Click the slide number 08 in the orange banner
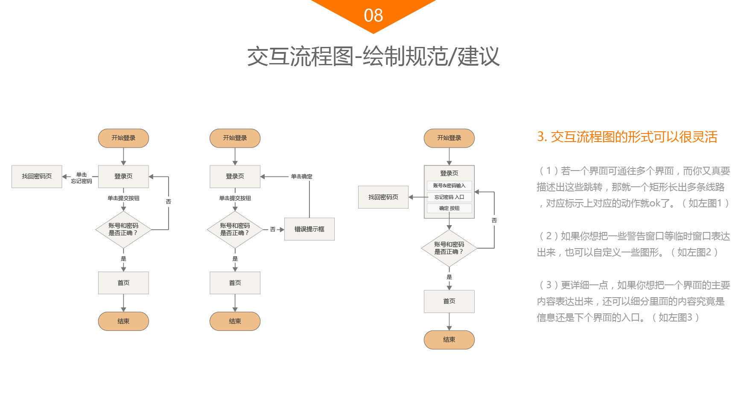click(373, 16)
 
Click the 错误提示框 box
click(309, 229)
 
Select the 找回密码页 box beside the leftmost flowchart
click(37, 176)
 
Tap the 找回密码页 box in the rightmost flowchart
click(383, 197)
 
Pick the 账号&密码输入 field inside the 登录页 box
click(449, 185)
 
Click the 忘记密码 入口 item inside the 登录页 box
click(449, 197)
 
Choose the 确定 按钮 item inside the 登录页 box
click(449, 208)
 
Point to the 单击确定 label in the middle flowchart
click(301, 177)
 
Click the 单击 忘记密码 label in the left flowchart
click(81, 178)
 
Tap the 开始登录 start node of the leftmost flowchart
click(123, 138)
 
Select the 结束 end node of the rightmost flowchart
click(449, 340)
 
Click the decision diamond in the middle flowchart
click(235, 229)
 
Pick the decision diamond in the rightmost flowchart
click(449, 248)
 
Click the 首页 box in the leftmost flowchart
click(123, 283)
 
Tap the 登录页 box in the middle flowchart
click(235, 176)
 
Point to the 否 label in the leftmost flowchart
click(168, 202)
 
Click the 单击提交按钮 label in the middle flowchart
click(235, 198)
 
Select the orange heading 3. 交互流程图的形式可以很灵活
click(627, 137)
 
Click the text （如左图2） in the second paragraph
click(694, 252)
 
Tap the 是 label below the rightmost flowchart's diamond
click(449, 277)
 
